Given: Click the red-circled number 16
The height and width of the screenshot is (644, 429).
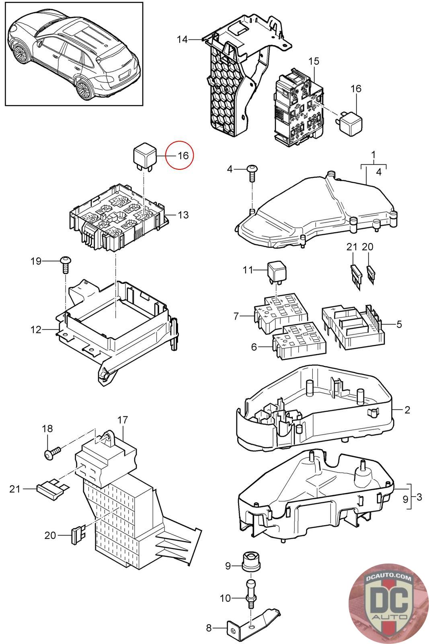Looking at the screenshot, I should tap(183, 155).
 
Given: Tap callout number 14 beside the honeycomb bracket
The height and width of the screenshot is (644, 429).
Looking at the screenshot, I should tap(182, 39).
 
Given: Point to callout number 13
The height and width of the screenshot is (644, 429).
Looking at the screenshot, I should tap(183, 215).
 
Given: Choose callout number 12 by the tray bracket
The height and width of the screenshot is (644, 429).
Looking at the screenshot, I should tap(36, 330).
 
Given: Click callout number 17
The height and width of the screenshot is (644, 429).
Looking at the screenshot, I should tap(122, 420).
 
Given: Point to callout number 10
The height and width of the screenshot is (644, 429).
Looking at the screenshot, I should tap(226, 598).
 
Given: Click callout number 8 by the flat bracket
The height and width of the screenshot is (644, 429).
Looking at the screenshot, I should tap(209, 628).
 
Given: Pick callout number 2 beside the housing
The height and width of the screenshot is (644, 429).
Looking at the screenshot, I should tap(407, 410).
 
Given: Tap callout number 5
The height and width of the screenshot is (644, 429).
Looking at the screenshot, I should tap(399, 324).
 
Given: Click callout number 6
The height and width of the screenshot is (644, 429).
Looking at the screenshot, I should tap(254, 346).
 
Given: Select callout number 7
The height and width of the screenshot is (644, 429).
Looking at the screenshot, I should tap(236, 317).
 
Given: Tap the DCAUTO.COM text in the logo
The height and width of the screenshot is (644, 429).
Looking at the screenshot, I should tap(389, 578).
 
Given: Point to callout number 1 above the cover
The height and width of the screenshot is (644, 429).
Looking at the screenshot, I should tap(374, 155).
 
